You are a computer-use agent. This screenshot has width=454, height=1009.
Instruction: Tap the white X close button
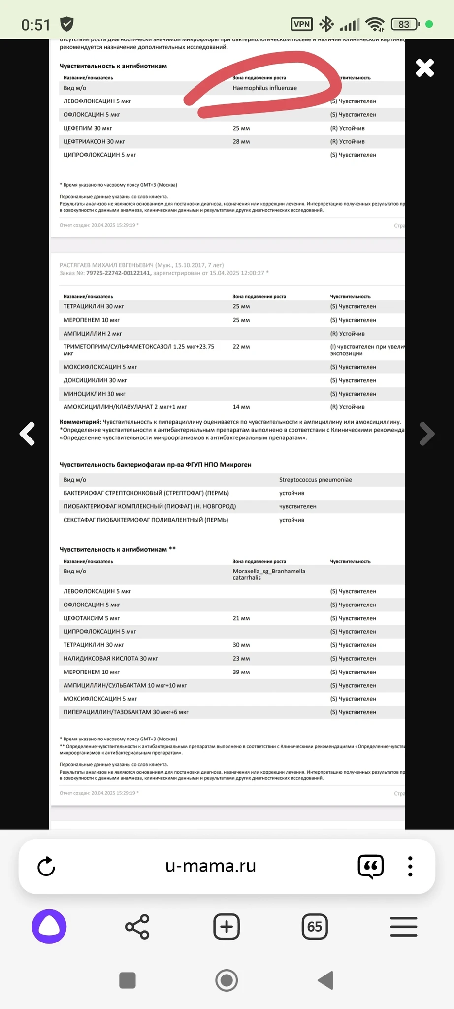(424, 68)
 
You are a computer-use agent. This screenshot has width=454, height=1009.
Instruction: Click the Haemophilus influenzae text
(264, 88)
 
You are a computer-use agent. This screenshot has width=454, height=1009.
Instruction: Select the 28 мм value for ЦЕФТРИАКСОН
(241, 142)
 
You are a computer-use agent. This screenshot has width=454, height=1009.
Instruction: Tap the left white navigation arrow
(28, 434)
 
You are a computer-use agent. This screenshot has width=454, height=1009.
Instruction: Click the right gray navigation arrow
(426, 434)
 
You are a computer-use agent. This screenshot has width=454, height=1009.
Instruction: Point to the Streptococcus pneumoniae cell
(315, 480)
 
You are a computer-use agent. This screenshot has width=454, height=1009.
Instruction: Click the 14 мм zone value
(241, 407)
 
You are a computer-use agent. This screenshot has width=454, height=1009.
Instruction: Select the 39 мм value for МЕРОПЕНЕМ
(241, 672)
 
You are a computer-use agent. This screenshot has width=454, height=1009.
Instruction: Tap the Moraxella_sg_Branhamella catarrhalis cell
(268, 574)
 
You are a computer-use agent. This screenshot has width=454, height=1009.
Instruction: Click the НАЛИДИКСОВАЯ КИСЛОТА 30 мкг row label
(110, 659)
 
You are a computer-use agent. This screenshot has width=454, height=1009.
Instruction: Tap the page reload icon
(46, 867)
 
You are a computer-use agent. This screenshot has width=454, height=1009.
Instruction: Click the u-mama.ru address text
(211, 866)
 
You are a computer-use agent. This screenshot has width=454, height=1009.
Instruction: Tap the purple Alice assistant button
(49, 927)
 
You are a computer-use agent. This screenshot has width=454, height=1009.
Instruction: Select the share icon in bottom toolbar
(137, 927)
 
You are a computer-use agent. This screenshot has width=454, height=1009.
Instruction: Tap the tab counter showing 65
(315, 927)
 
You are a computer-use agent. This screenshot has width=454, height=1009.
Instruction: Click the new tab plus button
(227, 927)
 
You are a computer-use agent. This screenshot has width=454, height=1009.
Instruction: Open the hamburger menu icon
(404, 927)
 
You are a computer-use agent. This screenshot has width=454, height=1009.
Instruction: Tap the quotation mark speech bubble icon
(371, 867)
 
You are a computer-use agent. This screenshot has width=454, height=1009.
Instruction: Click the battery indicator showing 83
(404, 24)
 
